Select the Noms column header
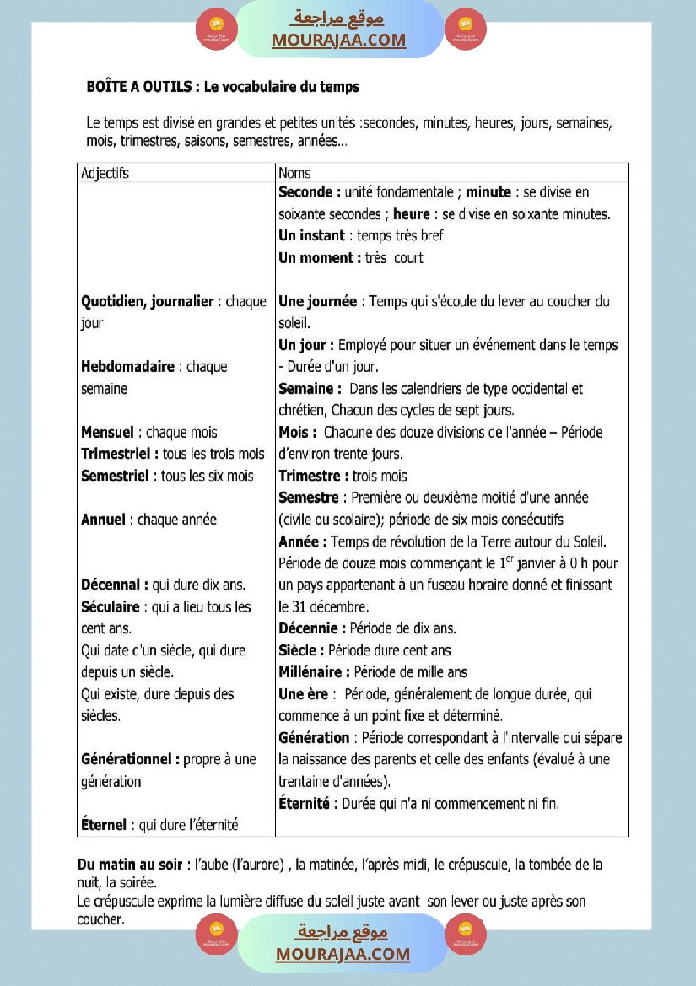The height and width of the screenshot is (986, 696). [x=294, y=173]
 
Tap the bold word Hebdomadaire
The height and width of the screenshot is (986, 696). [x=127, y=367]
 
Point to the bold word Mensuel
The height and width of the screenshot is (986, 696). [x=107, y=433]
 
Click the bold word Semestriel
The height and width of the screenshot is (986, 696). [x=116, y=476]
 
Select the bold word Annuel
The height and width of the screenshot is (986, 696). [x=103, y=520]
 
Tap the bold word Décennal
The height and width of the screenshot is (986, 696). [x=112, y=585]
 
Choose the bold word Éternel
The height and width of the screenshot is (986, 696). [x=104, y=825]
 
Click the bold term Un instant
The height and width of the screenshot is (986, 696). [x=311, y=236]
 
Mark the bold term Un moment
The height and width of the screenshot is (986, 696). [x=318, y=258]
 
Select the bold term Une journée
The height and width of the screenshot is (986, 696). [x=317, y=301]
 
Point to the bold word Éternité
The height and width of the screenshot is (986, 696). [x=304, y=803]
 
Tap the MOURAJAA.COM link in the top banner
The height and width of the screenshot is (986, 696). [x=338, y=40]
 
